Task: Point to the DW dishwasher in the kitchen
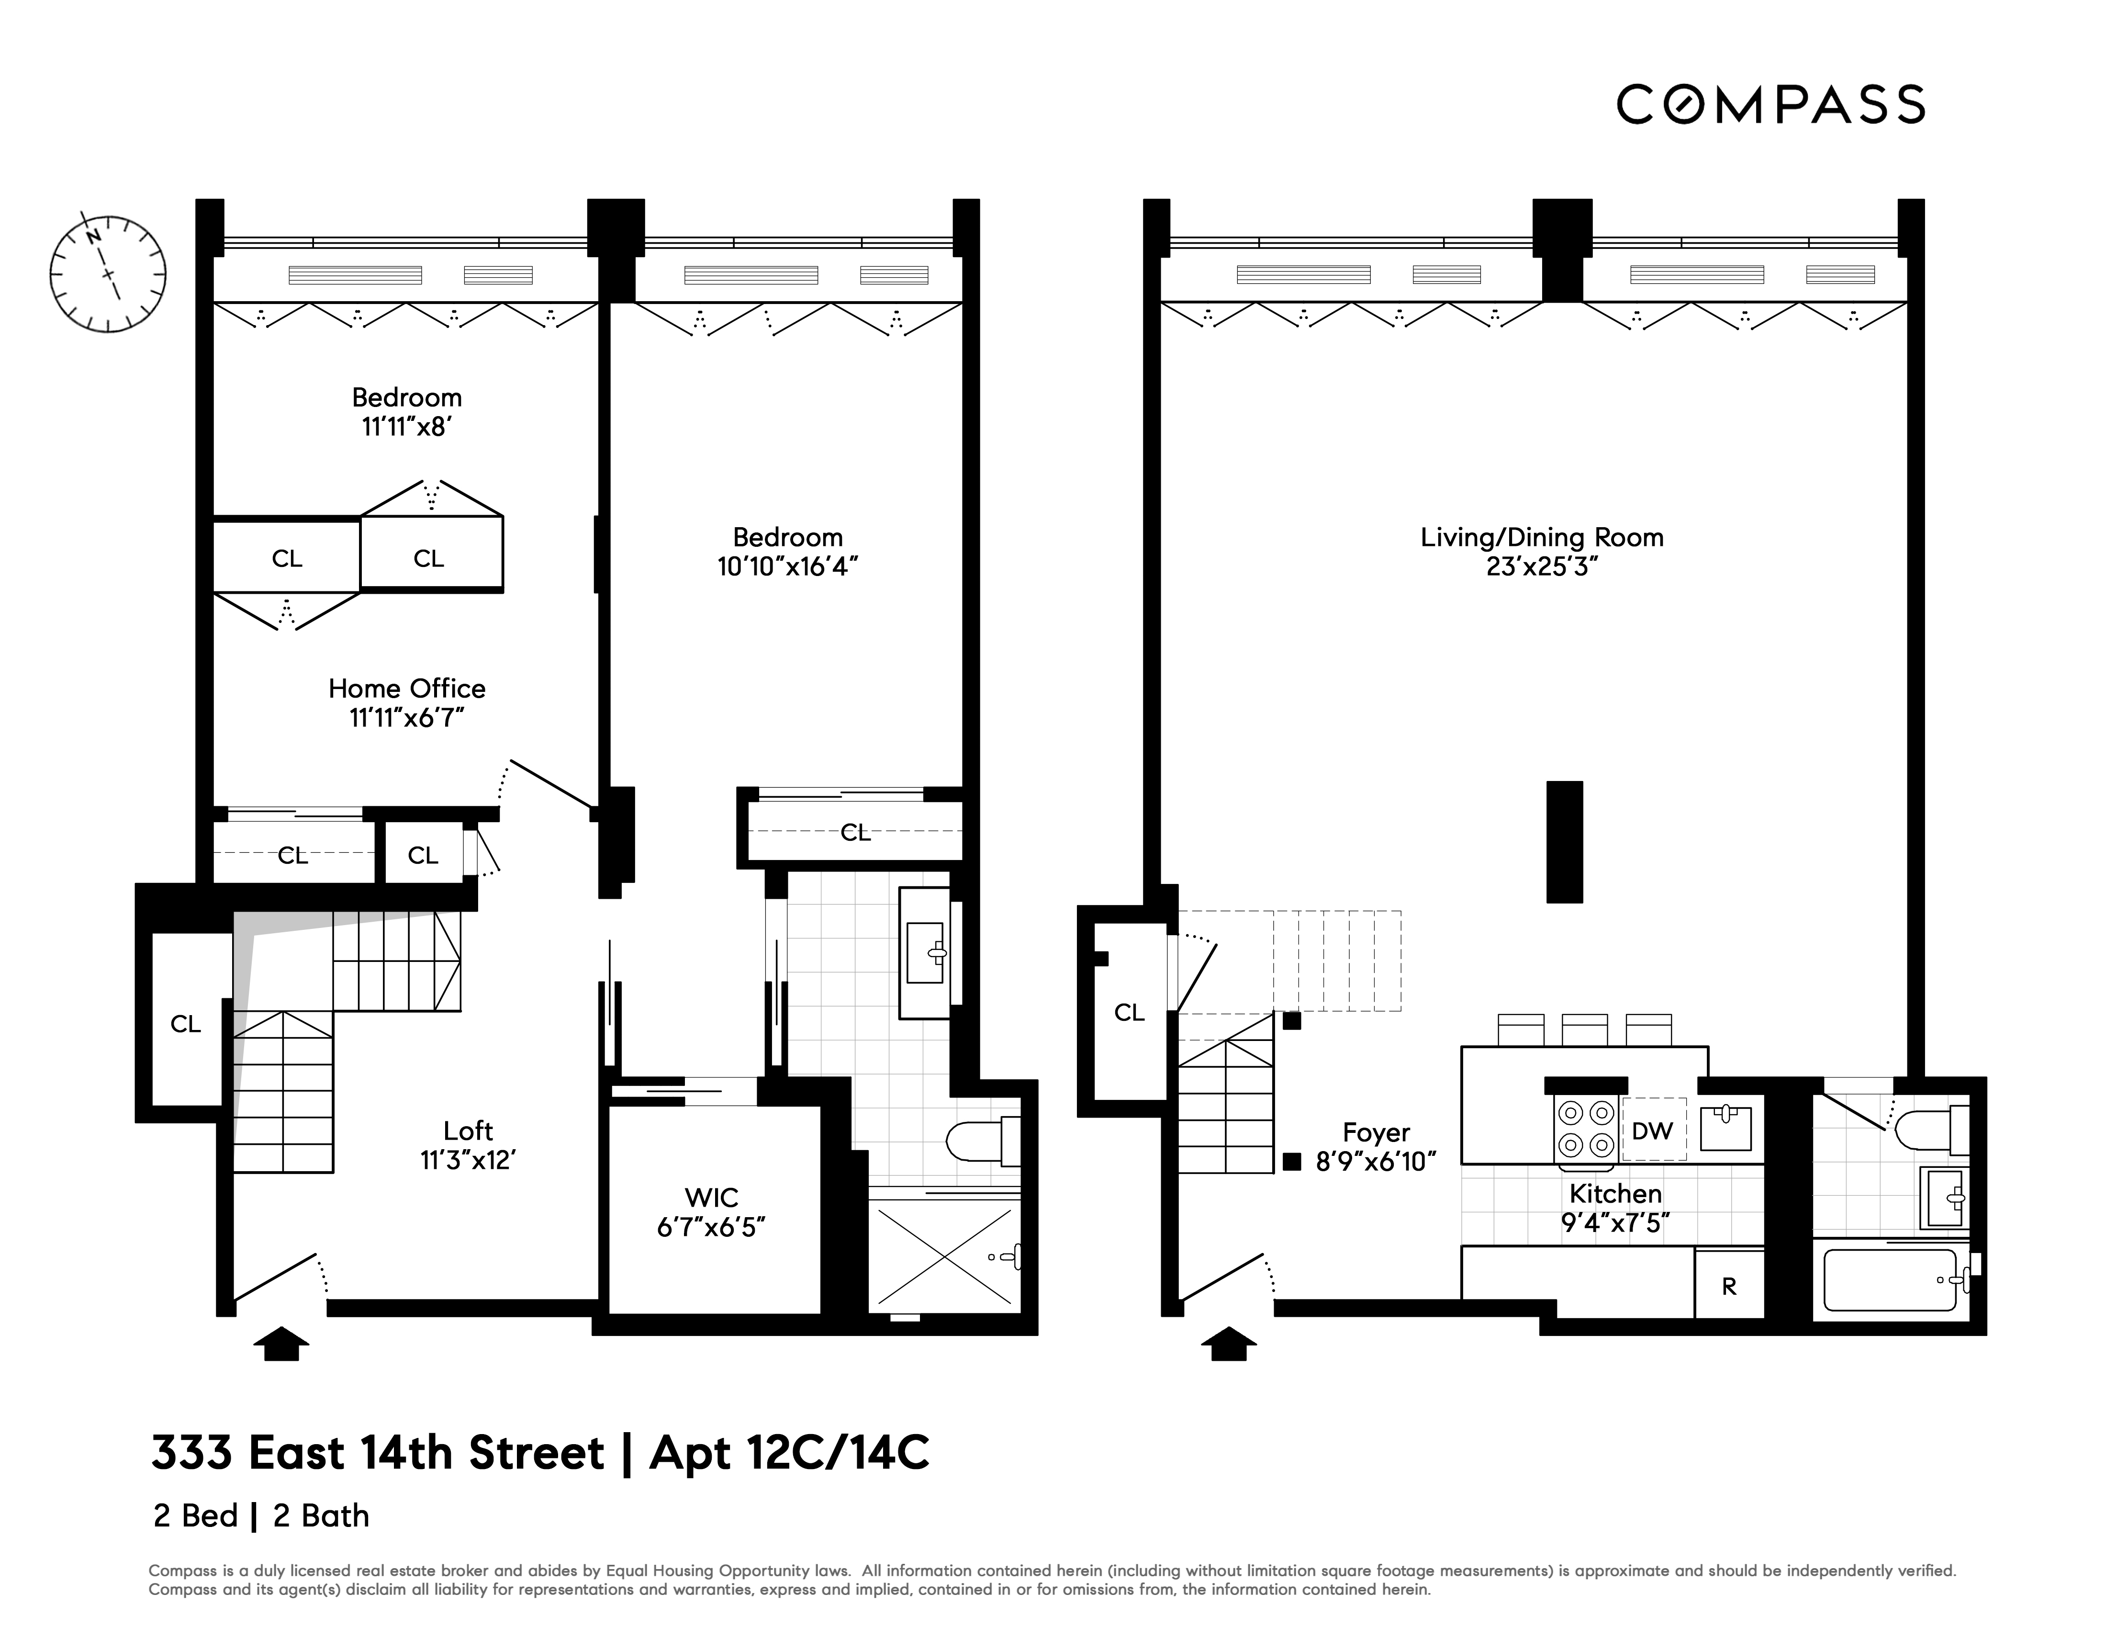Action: coord(1653,1131)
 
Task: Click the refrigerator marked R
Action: coord(1729,1286)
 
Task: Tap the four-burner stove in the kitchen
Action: coord(1586,1129)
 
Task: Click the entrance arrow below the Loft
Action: coord(280,1344)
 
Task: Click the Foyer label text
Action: coord(1376,1132)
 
